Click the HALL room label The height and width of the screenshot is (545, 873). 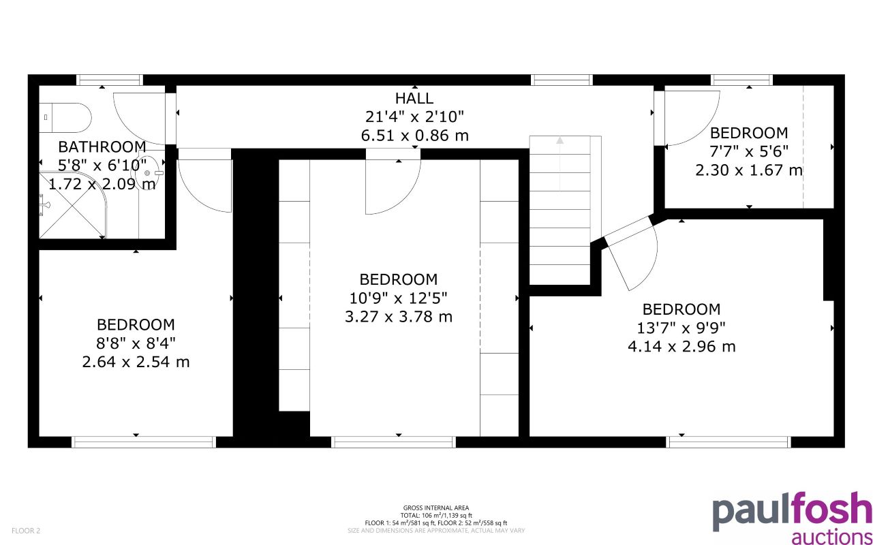coord(414,98)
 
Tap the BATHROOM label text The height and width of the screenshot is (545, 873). coord(102,146)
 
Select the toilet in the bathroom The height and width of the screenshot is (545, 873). coord(64,117)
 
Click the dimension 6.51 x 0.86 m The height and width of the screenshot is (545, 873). coord(414,136)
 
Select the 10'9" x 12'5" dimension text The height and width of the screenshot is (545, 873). coord(398,298)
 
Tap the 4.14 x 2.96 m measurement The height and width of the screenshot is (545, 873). coord(681,347)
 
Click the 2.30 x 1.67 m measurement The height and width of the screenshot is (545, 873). coord(748,170)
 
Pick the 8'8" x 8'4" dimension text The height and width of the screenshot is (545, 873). coord(135,343)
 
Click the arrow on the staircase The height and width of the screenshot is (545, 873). coord(560,142)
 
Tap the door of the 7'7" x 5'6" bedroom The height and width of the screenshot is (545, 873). coord(691,117)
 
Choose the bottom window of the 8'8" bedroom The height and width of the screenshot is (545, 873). coord(144,442)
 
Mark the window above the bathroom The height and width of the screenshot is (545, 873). coord(109,80)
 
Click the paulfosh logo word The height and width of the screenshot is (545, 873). coord(791,512)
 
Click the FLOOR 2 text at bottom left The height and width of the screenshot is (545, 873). coord(26,530)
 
